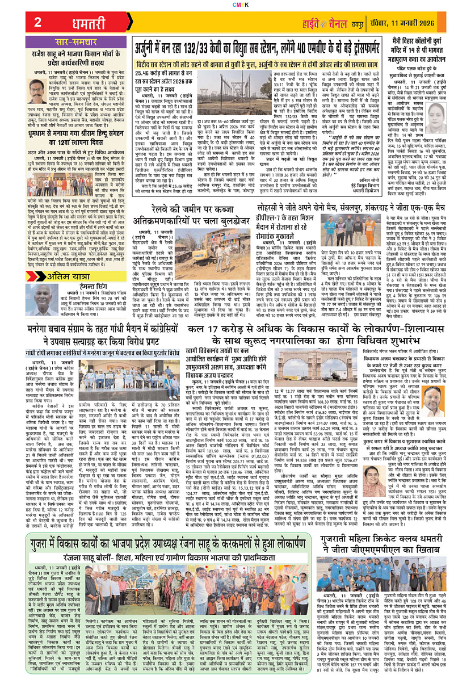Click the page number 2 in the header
[37, 23]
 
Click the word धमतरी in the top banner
[90, 23]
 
